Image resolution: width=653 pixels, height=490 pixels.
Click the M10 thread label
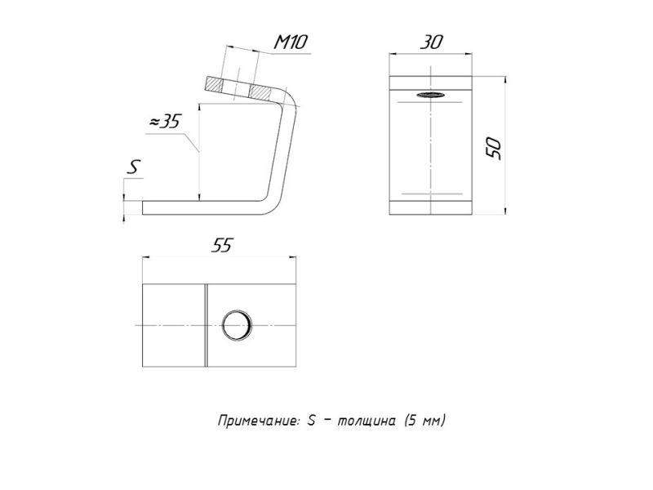(291, 42)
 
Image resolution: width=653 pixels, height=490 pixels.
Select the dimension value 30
(431, 42)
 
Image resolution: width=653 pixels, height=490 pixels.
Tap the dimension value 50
(495, 148)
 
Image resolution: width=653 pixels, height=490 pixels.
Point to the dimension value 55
(221, 245)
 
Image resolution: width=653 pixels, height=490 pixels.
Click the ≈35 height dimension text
(165, 121)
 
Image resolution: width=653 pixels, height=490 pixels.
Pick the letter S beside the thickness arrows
(133, 167)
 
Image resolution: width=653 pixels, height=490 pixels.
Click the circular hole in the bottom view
(237, 325)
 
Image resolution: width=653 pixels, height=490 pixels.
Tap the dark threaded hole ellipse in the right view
(431, 95)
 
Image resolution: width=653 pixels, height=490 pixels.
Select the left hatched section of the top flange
(215, 85)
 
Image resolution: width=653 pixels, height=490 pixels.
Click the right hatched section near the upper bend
(260, 92)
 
